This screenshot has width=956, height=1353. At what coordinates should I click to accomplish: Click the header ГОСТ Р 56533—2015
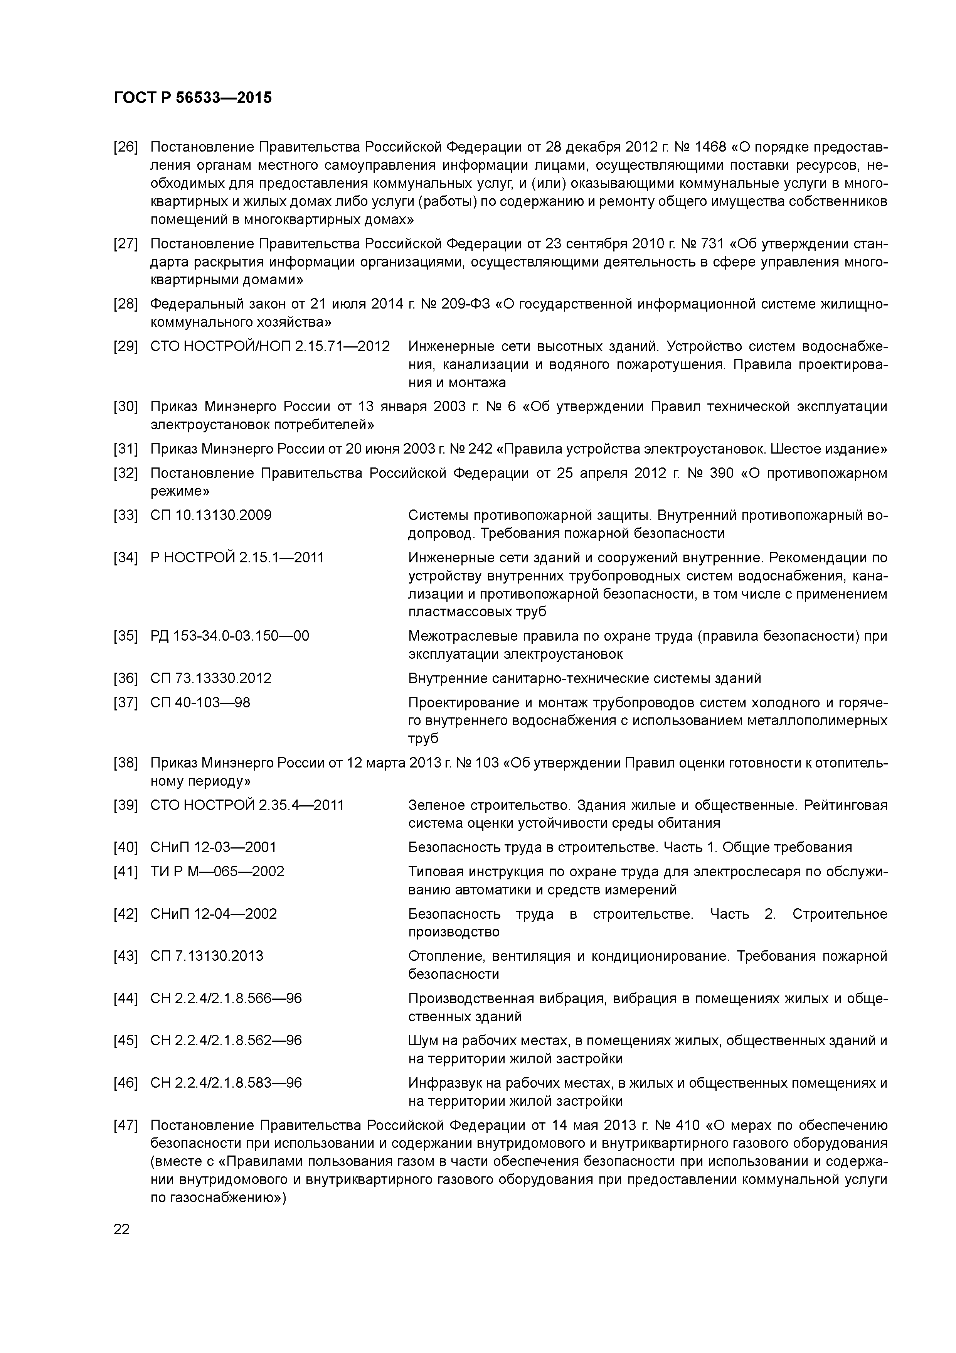[193, 98]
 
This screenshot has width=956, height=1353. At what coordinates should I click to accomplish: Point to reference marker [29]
[125, 346]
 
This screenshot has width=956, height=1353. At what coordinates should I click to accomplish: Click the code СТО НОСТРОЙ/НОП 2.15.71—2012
[270, 346]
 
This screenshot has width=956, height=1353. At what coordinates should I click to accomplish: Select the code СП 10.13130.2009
[211, 516]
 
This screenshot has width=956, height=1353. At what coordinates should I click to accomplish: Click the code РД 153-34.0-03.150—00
[230, 636]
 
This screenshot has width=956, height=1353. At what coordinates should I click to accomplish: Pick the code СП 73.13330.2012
[211, 678]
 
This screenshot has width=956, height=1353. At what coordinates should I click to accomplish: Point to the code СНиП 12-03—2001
[213, 847]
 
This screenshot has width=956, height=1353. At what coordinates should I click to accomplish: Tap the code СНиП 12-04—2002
[213, 914]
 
